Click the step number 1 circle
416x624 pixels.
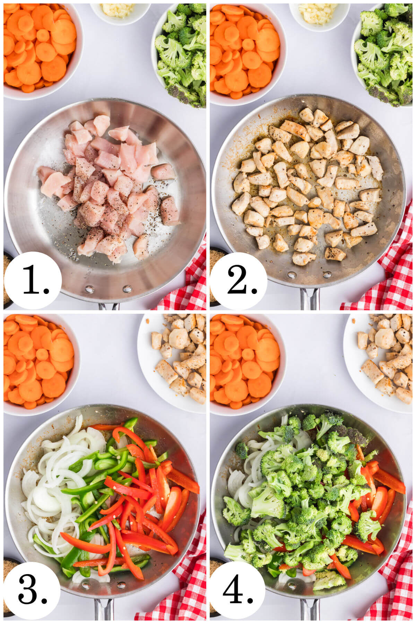(33, 281)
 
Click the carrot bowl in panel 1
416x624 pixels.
(40, 49)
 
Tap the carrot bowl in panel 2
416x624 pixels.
(244, 52)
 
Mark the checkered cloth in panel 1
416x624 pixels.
(187, 288)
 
